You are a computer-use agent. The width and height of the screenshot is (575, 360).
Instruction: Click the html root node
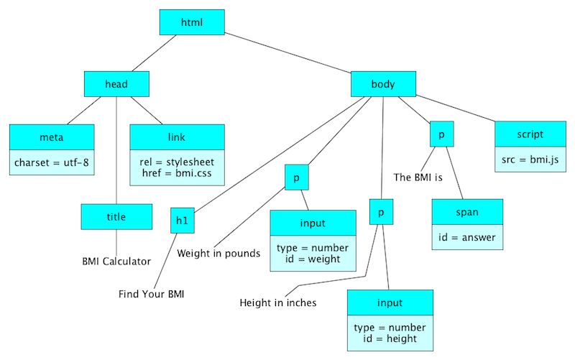pos(192,22)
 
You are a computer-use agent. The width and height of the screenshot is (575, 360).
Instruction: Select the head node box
pos(116,84)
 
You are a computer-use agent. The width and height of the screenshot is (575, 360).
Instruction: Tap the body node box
pos(382,84)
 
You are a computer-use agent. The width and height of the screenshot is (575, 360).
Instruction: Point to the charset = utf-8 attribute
pos(52,162)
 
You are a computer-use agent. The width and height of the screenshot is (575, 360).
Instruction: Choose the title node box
pos(116,216)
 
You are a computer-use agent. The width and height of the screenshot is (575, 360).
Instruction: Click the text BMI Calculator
pos(116,262)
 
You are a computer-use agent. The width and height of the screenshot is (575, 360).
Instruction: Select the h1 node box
pos(183,221)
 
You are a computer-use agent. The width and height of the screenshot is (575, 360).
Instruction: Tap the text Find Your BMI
pos(152,294)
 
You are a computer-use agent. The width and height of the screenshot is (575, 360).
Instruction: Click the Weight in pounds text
pos(218,253)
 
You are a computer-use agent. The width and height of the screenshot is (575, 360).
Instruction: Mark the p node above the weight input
pos(297,177)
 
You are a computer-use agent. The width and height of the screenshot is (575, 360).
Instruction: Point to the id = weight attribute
pos(313,259)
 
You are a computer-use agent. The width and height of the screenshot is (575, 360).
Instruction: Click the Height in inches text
pos(278,303)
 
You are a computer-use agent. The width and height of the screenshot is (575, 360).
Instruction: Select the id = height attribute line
pos(390,338)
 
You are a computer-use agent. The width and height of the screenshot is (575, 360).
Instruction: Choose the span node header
pos(467,212)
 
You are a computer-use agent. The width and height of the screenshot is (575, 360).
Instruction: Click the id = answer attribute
pos(467,236)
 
